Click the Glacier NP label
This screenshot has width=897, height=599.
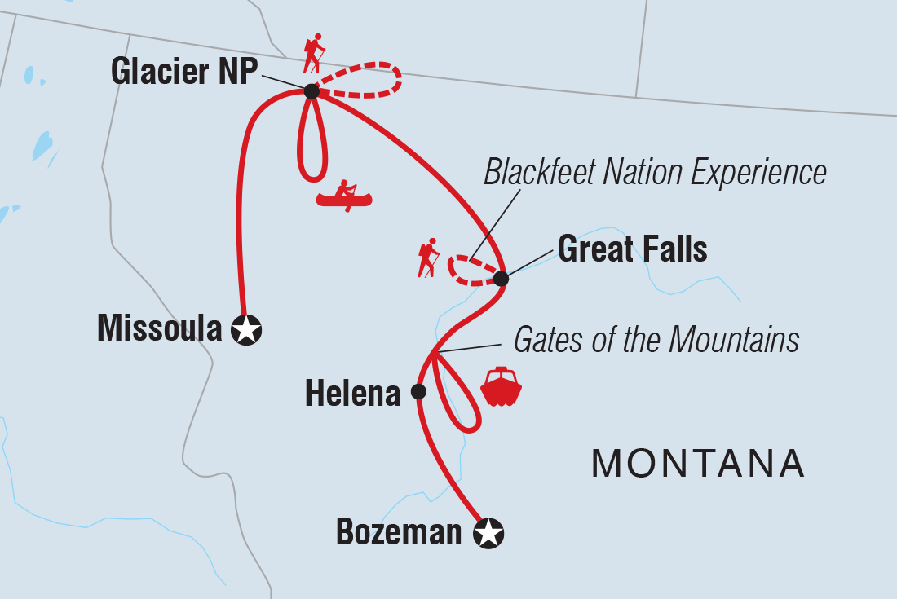point(183,72)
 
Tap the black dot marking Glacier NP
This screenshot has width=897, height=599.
point(311,91)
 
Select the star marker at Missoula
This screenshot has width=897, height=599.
point(246,330)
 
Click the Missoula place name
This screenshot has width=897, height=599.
point(159,329)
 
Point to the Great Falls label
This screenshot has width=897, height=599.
point(632,249)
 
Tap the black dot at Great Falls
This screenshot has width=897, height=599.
point(501,279)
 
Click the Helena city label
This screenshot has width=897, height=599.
point(352,394)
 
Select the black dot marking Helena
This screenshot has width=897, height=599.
point(418,391)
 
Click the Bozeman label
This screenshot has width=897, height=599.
point(398,534)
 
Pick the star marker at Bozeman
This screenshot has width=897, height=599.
point(488,534)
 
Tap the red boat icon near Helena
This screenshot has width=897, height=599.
point(501,386)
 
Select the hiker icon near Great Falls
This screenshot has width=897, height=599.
point(428,257)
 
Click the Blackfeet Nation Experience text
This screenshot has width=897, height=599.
point(655,173)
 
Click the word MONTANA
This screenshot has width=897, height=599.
point(698,464)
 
